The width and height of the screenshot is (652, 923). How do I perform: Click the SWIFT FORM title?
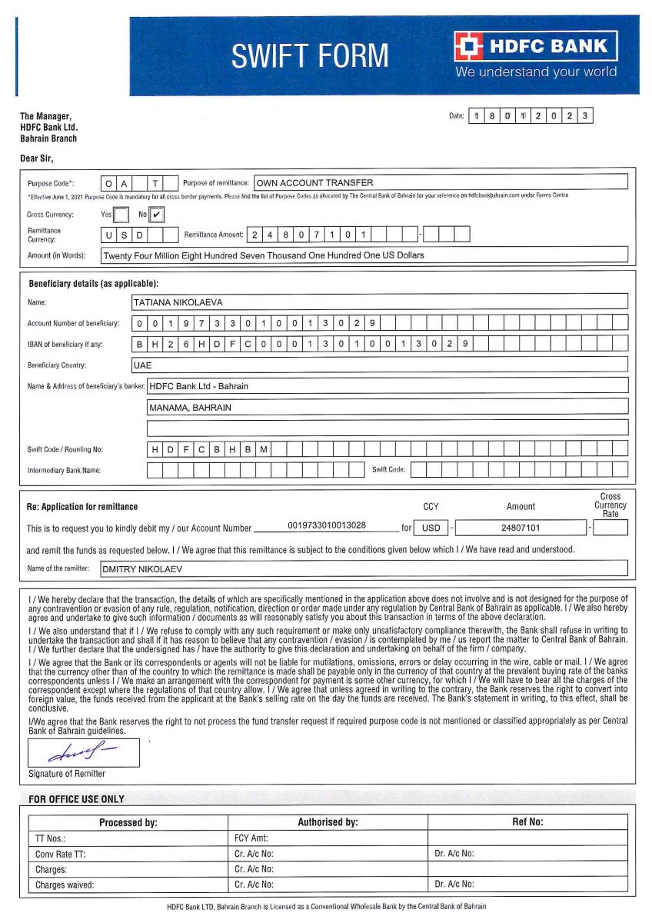[310, 56]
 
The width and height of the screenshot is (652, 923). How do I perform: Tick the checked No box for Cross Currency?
[157, 215]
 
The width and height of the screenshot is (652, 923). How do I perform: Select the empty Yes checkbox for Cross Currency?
[121, 215]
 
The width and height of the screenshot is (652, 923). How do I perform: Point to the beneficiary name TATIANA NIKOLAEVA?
[178, 303]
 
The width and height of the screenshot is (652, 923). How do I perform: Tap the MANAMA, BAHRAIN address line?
[190, 408]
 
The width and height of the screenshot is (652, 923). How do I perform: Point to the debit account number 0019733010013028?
[327, 527]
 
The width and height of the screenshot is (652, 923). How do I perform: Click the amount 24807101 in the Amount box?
[520, 528]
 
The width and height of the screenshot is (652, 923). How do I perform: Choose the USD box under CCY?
[431, 528]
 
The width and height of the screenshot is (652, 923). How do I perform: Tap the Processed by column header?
[128, 822]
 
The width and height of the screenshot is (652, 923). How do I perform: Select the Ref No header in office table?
[527, 822]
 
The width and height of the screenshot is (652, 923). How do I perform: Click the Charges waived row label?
[65, 885]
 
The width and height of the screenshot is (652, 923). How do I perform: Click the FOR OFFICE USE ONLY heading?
[76, 799]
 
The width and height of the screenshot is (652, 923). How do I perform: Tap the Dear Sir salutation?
[36, 158]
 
